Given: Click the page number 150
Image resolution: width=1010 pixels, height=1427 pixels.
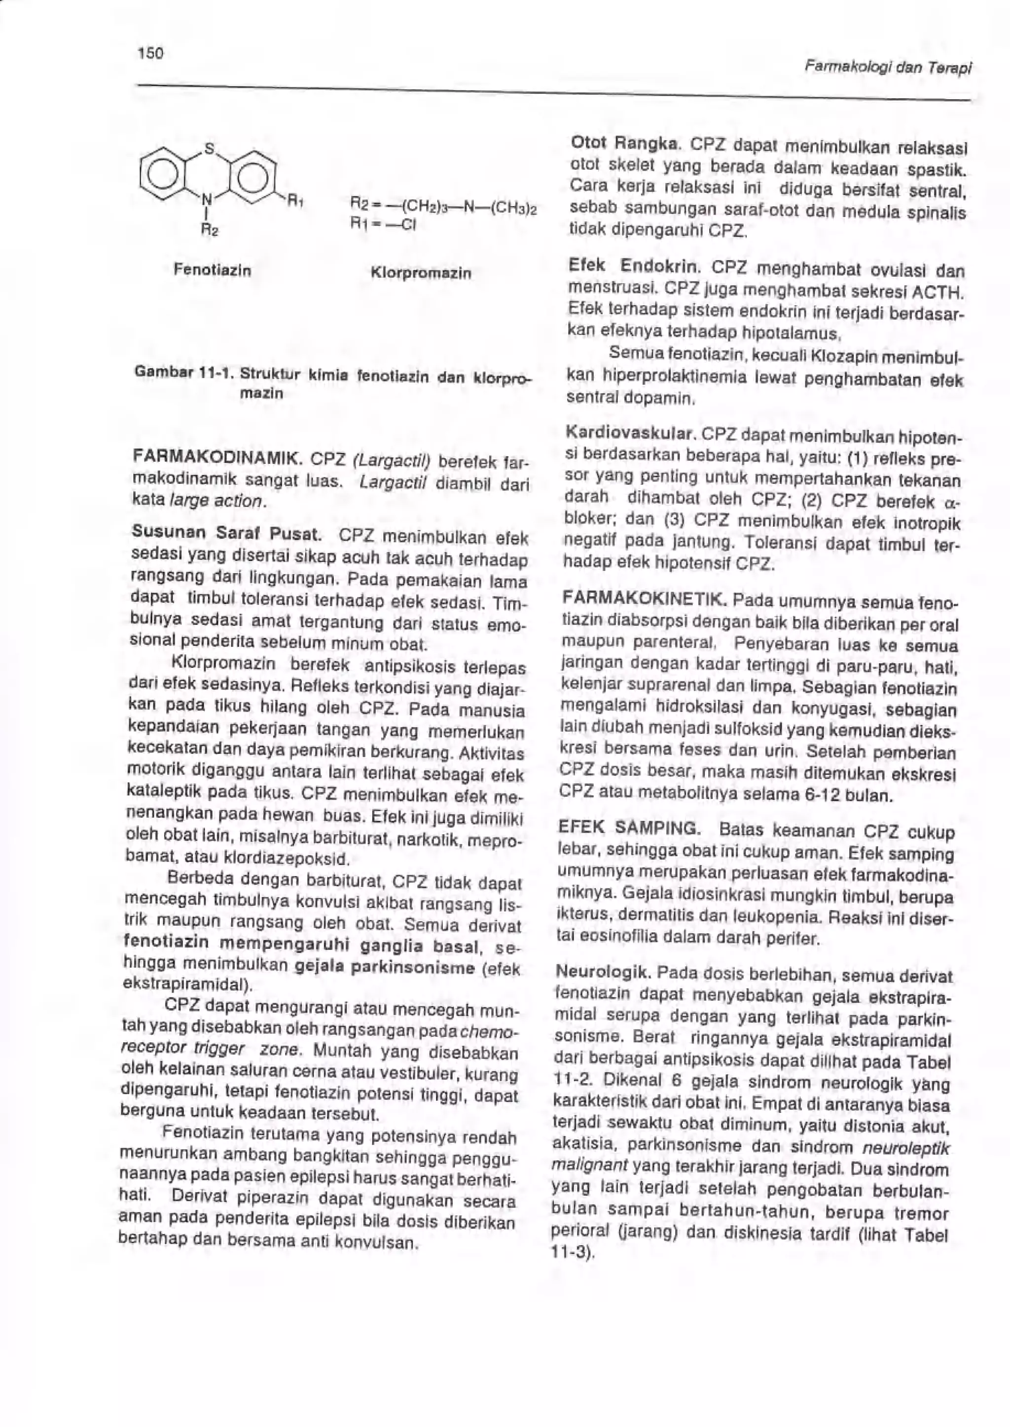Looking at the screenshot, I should coord(150,53).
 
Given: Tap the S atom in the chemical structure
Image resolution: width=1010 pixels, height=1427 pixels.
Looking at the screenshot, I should coord(210,148).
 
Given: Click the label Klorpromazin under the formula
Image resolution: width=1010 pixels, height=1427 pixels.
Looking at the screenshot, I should coord(420,273).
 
